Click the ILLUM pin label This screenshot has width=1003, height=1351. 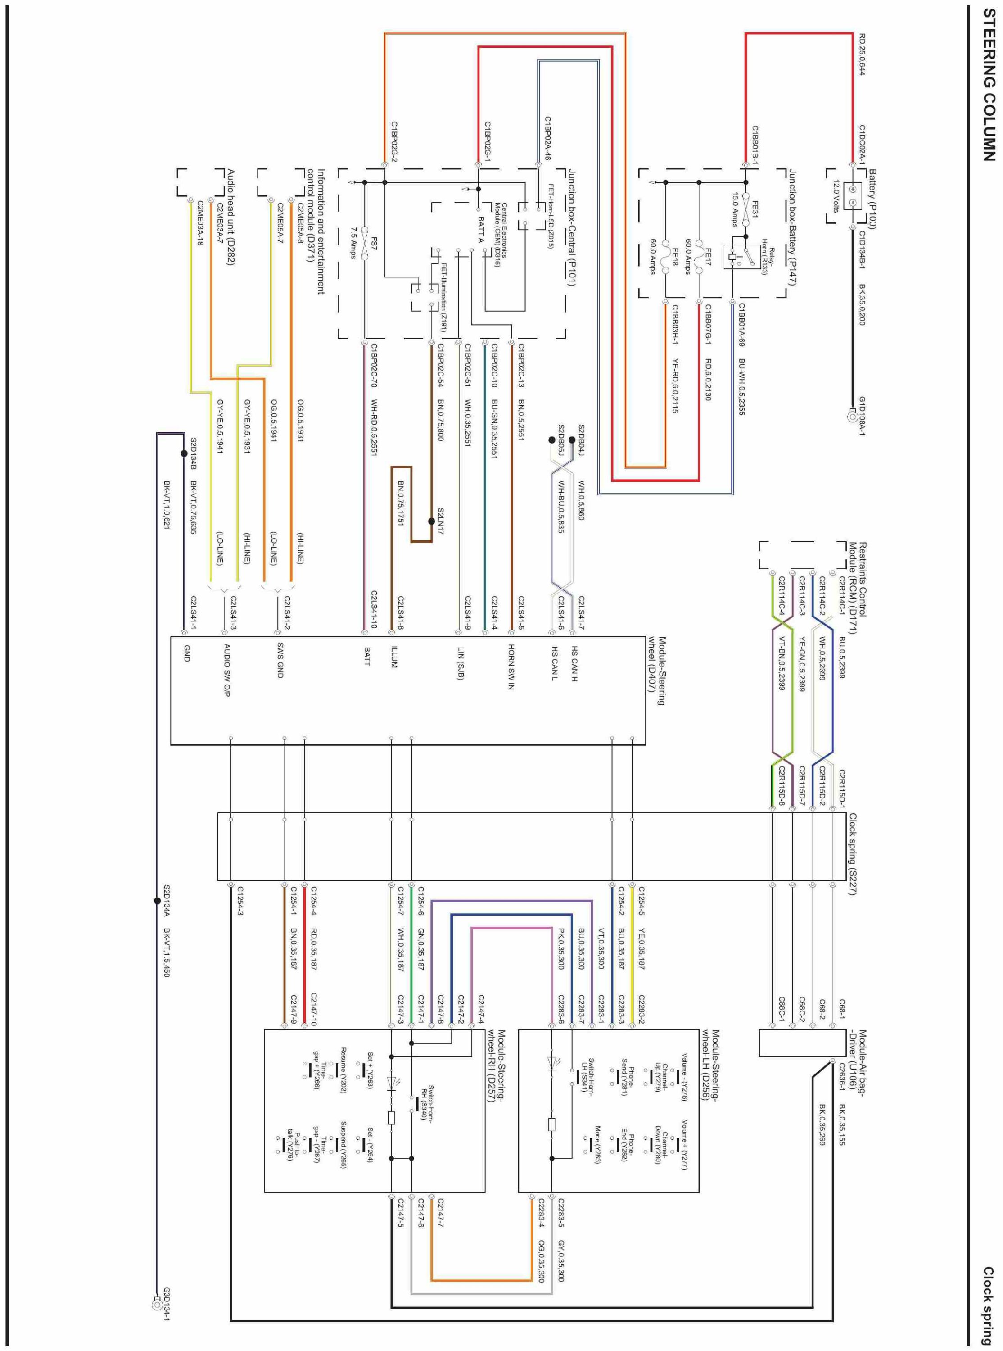click(393, 657)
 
